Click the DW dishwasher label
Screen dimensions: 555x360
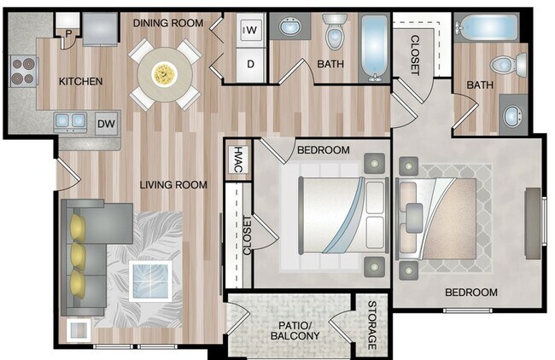(x=106, y=124)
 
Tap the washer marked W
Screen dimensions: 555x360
(x=251, y=31)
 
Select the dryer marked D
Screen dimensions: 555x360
(x=250, y=64)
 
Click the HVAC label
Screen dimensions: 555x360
(x=238, y=160)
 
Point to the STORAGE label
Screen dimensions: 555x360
(x=371, y=325)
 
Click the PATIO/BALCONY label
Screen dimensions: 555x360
(x=295, y=330)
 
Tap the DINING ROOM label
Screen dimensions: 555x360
(x=168, y=23)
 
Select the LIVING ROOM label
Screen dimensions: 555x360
(x=173, y=184)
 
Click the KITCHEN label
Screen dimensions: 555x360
(x=81, y=81)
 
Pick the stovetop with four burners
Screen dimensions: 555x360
(x=23, y=71)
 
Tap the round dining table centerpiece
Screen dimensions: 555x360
(x=165, y=74)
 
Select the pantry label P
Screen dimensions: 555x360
(x=68, y=34)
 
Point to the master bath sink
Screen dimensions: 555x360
(x=512, y=115)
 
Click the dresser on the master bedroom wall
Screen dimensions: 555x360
(x=533, y=224)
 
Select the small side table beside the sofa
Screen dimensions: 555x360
(x=79, y=330)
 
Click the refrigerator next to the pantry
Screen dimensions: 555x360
(x=100, y=29)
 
